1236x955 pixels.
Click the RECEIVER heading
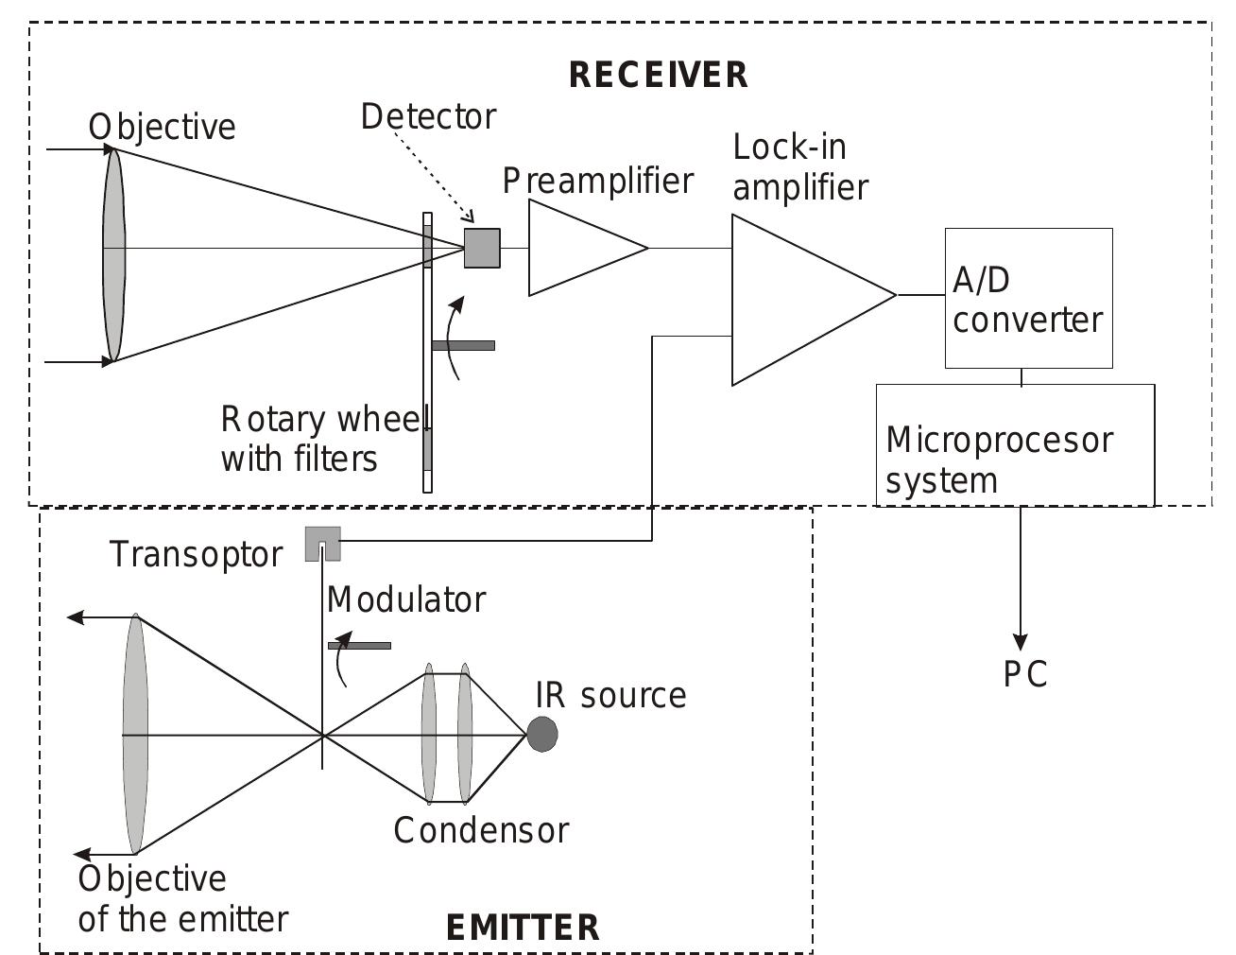click(x=658, y=75)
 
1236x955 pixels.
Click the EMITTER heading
click(x=522, y=928)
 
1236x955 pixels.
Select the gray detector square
click(x=482, y=248)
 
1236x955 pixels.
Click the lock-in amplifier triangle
click(x=803, y=300)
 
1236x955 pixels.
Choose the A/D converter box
click(x=1028, y=298)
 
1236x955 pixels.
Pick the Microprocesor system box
click(x=1015, y=444)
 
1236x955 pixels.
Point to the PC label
click(x=1025, y=675)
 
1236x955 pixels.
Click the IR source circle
click(x=541, y=734)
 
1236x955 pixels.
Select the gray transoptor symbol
click(x=321, y=543)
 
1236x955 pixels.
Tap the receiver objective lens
click(x=113, y=253)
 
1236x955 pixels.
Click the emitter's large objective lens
click(x=135, y=734)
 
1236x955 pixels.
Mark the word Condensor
click(x=481, y=830)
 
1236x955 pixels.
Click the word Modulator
click(x=405, y=599)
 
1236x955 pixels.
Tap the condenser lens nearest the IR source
click(x=464, y=734)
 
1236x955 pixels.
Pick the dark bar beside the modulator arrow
click(x=359, y=646)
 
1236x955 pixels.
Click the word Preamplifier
click(x=597, y=181)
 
